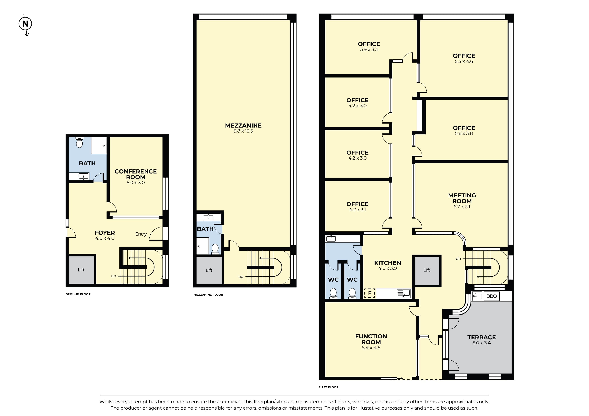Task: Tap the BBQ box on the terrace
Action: pos(491,296)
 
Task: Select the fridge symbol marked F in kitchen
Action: pos(369,293)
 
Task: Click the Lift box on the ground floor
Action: pos(81,270)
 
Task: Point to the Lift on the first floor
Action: pos(427,270)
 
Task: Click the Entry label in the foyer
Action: pos(141,234)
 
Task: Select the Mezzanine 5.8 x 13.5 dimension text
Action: pos(243,131)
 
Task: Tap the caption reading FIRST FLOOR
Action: pos(328,387)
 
